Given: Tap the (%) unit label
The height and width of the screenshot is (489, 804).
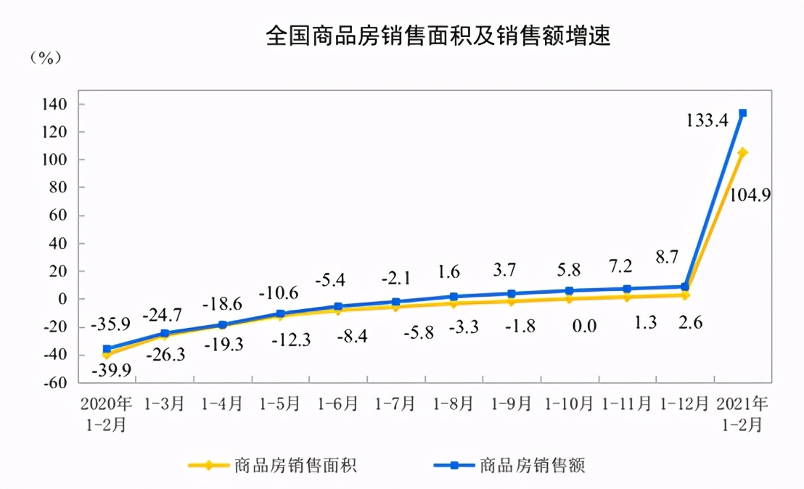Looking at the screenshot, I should (46, 59).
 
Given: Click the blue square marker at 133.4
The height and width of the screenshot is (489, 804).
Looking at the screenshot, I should (742, 113).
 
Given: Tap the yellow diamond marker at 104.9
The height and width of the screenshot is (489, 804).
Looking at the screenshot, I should (742, 152).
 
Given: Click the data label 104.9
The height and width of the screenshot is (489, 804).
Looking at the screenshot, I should (749, 194).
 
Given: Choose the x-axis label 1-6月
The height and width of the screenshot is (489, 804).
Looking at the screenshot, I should (339, 403).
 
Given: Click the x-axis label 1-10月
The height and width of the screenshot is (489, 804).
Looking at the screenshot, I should (569, 403).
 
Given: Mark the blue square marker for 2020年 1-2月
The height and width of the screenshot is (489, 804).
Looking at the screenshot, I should (107, 349).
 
